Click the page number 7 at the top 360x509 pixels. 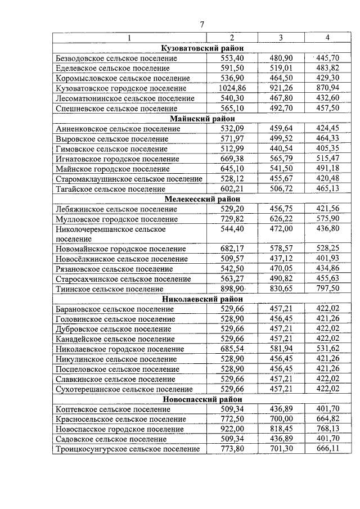(202, 24)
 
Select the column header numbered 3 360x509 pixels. (281, 38)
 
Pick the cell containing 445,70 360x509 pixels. (327, 58)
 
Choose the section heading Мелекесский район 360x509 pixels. (202, 199)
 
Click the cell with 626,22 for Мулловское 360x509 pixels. (280, 219)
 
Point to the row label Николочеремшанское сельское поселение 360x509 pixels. (111, 234)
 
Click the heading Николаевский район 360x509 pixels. (202, 299)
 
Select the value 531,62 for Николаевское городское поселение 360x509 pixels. (327, 349)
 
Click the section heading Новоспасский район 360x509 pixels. (202, 399)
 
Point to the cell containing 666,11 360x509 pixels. (327, 449)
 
